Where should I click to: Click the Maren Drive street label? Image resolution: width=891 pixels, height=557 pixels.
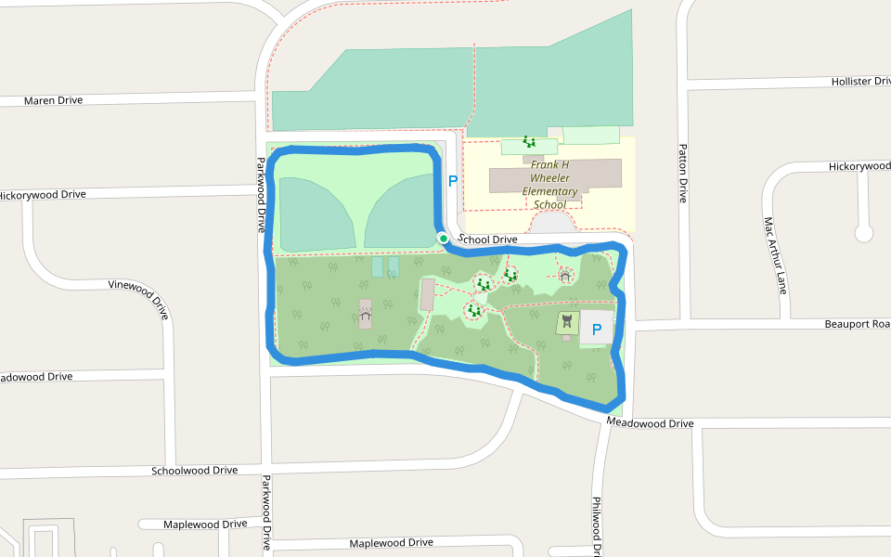point(53,100)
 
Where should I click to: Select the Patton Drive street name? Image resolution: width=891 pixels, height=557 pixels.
point(683,173)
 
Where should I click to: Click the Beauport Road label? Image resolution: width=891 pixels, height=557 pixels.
point(857,324)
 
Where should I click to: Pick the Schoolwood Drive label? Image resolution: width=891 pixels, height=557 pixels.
point(195,471)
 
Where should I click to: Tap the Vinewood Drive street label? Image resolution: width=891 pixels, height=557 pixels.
point(138,299)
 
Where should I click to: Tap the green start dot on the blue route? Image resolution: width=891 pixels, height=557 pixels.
point(444,239)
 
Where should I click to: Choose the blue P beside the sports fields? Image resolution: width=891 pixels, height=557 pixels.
point(453,182)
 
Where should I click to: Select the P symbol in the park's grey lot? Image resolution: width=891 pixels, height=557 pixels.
point(597,330)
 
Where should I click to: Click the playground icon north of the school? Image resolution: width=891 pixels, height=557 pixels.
point(529,142)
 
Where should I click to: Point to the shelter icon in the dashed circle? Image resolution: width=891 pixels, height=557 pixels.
point(565,275)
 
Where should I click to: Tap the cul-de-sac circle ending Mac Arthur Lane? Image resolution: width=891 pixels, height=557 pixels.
point(864,232)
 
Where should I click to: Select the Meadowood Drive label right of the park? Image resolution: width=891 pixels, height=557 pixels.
point(650,423)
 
